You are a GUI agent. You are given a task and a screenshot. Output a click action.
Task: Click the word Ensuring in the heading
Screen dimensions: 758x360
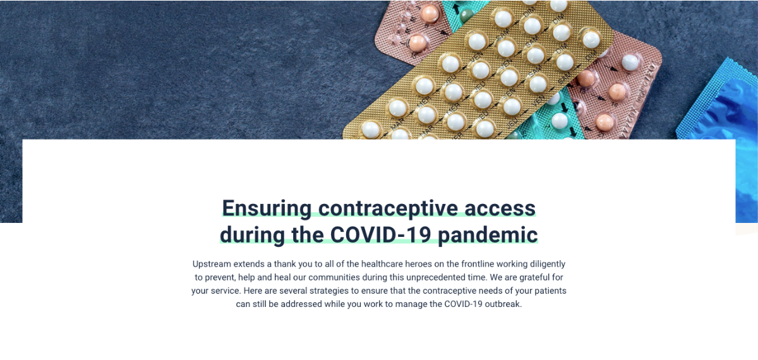[x=267, y=209]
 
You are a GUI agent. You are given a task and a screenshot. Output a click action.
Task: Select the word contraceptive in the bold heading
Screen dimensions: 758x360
[x=388, y=209]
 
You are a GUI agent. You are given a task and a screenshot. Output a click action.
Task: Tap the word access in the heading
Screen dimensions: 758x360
[x=500, y=208]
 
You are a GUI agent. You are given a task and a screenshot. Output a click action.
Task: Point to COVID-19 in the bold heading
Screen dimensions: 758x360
[x=380, y=235]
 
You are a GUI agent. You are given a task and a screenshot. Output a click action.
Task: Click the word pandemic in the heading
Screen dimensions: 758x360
[x=488, y=236]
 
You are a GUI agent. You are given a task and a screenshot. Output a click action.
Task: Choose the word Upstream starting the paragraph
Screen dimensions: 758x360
[x=212, y=264]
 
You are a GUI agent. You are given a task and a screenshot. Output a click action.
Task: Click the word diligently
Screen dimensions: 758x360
[x=548, y=264]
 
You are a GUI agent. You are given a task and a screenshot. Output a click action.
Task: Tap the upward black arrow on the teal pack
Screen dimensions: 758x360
[x=456, y=8]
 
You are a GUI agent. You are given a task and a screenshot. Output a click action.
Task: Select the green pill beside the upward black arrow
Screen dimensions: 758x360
[x=467, y=15]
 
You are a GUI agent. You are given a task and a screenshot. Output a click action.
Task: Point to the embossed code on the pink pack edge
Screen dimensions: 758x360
[x=641, y=102]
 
